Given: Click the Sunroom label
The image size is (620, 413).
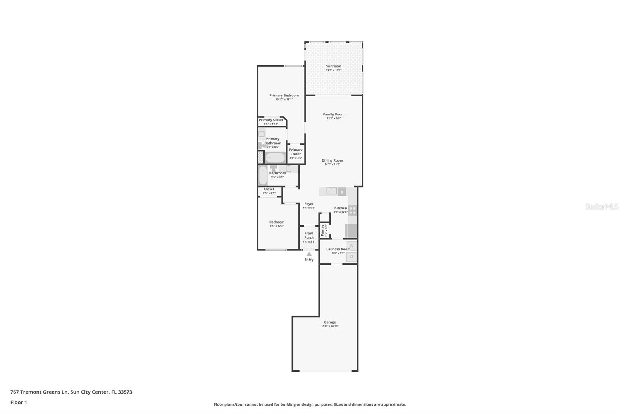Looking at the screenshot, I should click(334, 66).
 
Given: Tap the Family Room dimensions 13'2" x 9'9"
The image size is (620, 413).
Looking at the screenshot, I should click(334, 118).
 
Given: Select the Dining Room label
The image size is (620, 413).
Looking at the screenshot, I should click(332, 160).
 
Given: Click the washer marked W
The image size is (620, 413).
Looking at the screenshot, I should click(352, 246).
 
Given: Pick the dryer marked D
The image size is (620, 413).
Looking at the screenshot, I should click(352, 256).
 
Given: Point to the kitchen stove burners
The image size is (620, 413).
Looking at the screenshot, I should click(353, 210).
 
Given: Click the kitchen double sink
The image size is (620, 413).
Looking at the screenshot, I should click(331, 191).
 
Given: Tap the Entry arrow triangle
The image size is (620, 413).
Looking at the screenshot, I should click(309, 254).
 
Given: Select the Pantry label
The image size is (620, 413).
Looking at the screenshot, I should click(322, 230).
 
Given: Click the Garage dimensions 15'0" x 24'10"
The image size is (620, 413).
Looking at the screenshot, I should click(330, 326).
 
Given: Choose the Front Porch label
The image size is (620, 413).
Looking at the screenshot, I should click(309, 236).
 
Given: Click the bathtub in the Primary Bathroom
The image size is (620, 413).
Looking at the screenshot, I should click(275, 158).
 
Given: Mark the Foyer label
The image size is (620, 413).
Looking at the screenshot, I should click(309, 204).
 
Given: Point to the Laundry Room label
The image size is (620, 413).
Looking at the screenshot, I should click(338, 249).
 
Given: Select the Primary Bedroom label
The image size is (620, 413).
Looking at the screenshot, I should click(284, 95).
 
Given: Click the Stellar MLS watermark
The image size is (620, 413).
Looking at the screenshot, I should click(601, 206).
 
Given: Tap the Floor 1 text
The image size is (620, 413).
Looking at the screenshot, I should click(19, 402).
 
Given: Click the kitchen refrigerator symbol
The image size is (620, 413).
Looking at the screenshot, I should click(351, 231).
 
